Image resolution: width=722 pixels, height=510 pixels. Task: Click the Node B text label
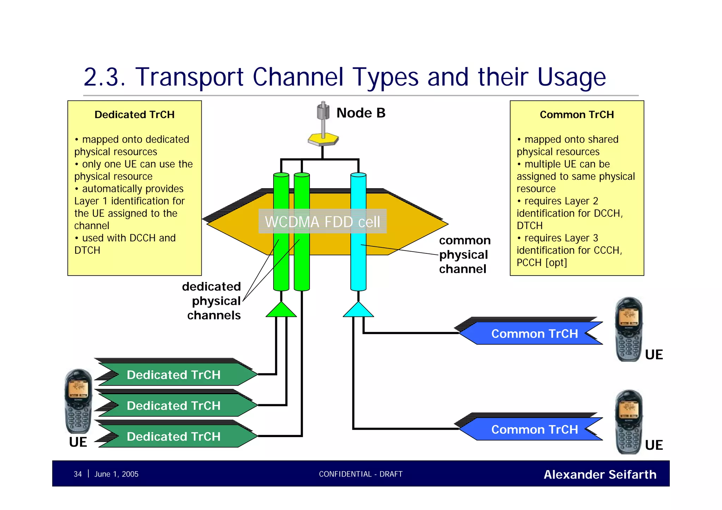pyautogui.click(x=361, y=113)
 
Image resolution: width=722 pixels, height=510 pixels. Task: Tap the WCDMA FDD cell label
pyautogui.click(x=322, y=222)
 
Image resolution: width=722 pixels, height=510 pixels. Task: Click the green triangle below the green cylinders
pyautogui.click(x=281, y=310)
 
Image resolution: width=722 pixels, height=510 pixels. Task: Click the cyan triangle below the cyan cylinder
pyautogui.click(x=358, y=310)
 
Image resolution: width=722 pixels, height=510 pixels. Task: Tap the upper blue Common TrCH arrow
pyautogui.click(x=532, y=333)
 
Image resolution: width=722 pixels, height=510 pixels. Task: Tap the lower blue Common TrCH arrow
pyautogui.click(x=532, y=429)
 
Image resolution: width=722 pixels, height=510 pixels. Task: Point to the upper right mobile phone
pyautogui.click(x=629, y=329)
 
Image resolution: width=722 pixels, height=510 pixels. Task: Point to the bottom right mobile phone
pyautogui.click(x=629, y=422)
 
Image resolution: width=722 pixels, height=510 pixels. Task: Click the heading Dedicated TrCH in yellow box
pyautogui.click(x=134, y=115)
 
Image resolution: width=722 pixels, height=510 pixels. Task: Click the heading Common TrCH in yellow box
pyautogui.click(x=577, y=115)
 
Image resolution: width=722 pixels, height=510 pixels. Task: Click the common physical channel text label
pyautogui.click(x=464, y=254)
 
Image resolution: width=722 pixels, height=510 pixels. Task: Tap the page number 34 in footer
pyautogui.click(x=78, y=474)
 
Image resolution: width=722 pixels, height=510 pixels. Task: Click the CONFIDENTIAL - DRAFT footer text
pyautogui.click(x=360, y=474)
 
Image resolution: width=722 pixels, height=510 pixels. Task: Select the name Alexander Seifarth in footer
pyautogui.click(x=600, y=474)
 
